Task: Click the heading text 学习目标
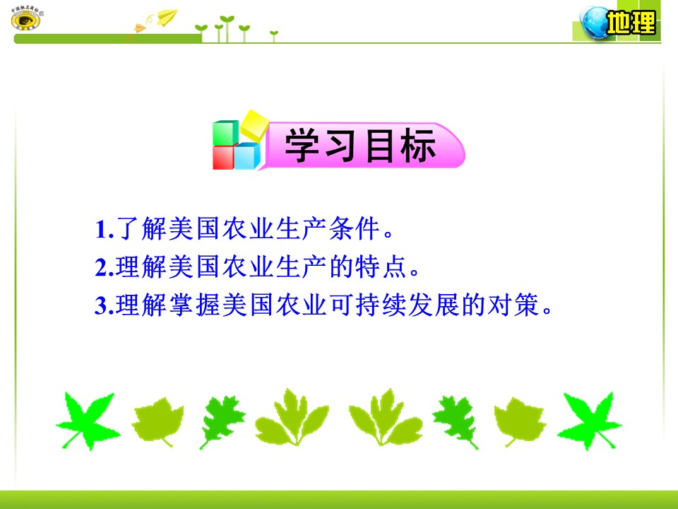pos(360,148)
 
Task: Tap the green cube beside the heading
pos(226,133)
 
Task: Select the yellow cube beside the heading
pos(254,124)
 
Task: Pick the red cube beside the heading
pos(223,157)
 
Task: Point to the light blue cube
pos(246,156)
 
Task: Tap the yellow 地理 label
pos(631,25)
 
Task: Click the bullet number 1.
pos(100,230)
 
